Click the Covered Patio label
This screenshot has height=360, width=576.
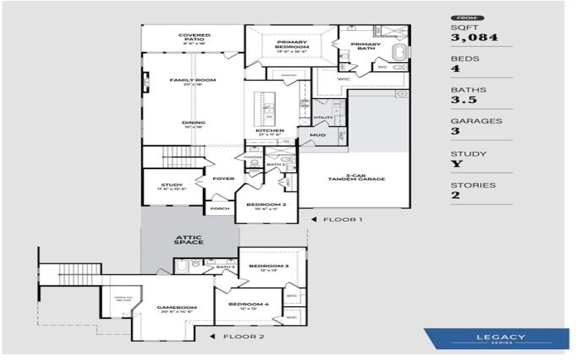[x=194, y=38]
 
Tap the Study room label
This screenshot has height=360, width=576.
[x=171, y=186]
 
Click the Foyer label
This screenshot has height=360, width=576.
[x=224, y=178]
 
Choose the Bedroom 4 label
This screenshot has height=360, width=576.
[x=248, y=305]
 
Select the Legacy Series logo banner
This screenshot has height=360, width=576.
[x=498, y=338]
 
